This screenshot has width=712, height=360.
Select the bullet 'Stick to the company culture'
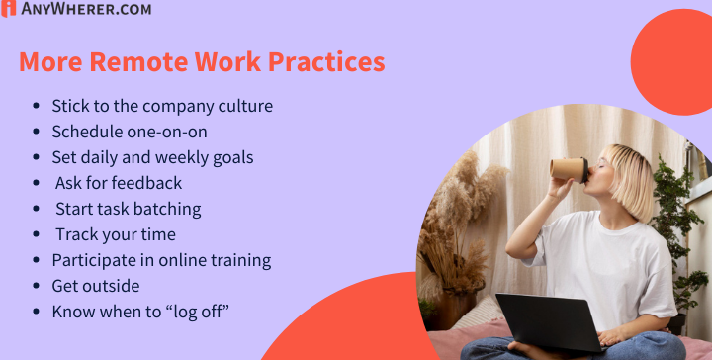[162, 106]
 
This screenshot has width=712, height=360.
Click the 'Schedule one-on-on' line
[129, 132]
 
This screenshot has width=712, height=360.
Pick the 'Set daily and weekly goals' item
[152, 157]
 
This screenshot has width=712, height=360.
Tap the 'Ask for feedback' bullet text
[119, 183]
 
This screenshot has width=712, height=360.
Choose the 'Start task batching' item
[128, 209]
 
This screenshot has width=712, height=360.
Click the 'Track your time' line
[116, 234]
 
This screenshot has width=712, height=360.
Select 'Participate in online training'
[161, 260]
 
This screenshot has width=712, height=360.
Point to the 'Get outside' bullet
[96, 286]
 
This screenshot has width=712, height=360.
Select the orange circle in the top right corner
[677, 64]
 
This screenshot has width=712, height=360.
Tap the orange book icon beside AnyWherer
[8, 10]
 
